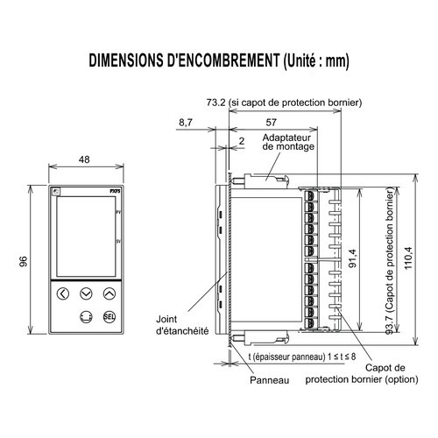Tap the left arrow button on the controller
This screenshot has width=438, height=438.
pyautogui.click(x=61, y=294)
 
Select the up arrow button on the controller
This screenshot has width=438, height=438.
pyautogui.click(x=109, y=294)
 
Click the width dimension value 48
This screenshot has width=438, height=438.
pyautogui.click(x=85, y=160)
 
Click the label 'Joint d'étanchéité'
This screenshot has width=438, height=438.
pyautogui.click(x=181, y=325)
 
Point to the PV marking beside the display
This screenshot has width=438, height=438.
pyautogui.click(x=117, y=213)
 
